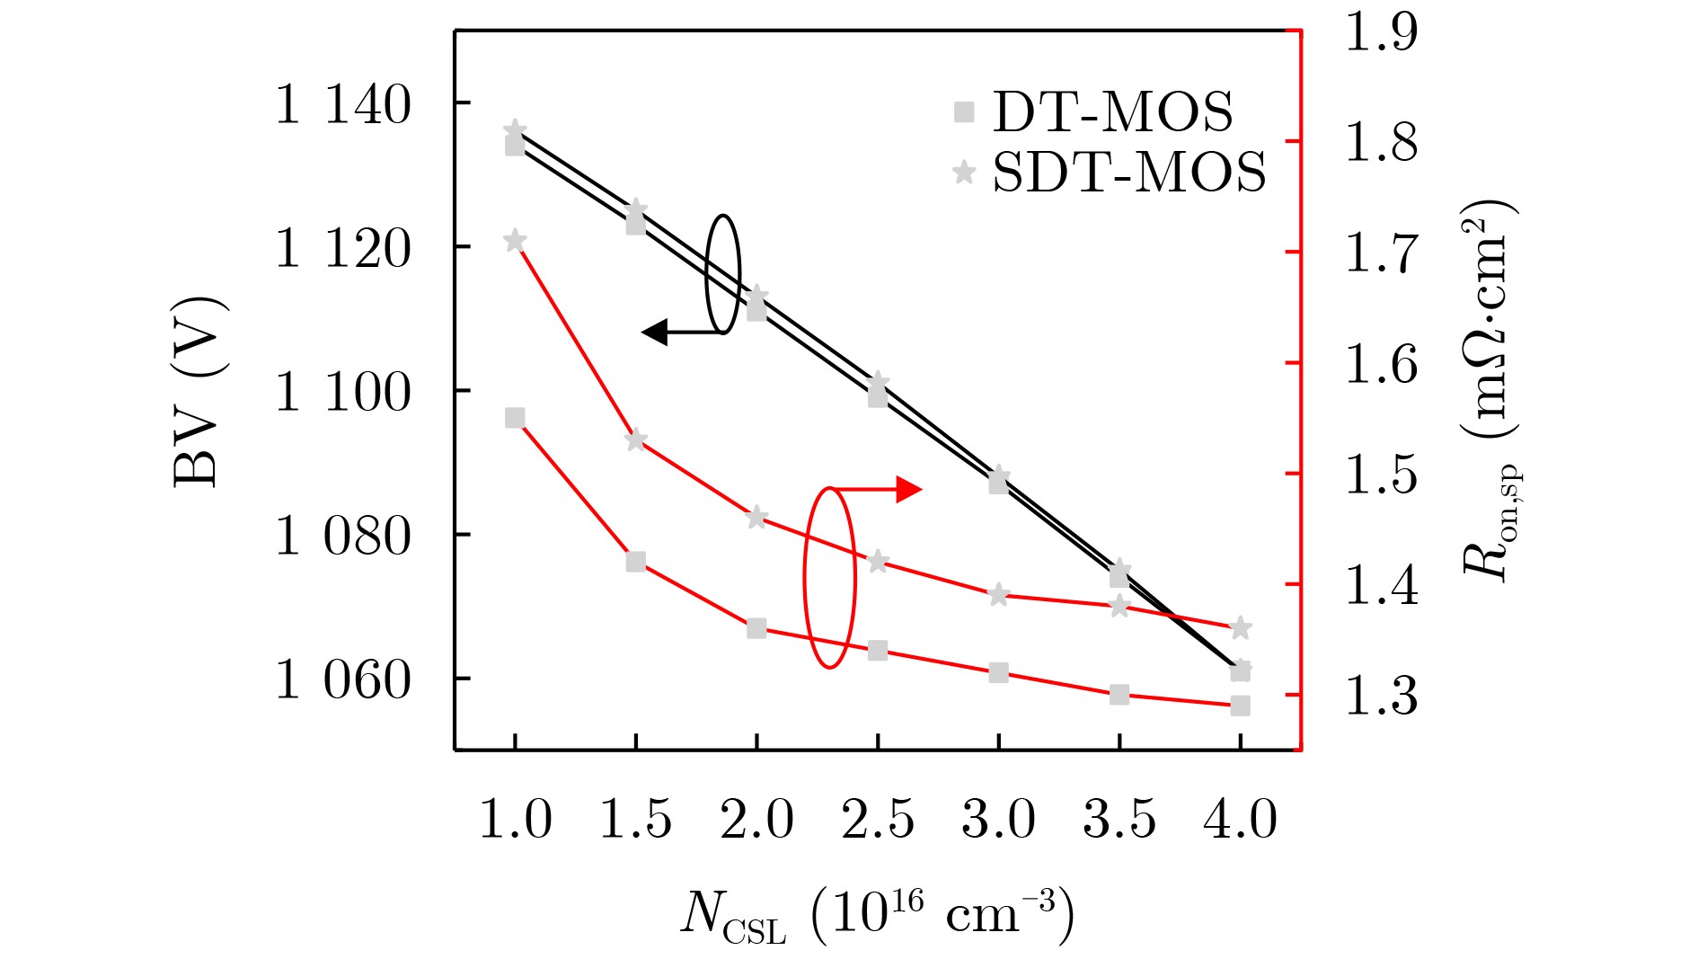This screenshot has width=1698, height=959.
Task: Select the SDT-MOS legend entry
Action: (x=1110, y=172)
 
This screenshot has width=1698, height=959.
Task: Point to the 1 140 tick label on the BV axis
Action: (x=342, y=105)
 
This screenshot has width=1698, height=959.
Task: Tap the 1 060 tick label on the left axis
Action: (x=342, y=680)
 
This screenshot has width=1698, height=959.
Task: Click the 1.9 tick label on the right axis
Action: (x=1381, y=31)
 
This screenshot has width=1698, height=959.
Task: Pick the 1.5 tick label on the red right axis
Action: (x=1381, y=475)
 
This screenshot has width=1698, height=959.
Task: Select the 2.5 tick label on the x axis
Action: (x=878, y=820)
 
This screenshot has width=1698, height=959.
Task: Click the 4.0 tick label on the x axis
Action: (x=1240, y=820)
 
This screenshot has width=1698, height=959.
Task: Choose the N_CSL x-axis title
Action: (x=877, y=917)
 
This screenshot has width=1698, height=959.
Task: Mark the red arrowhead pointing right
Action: (x=909, y=490)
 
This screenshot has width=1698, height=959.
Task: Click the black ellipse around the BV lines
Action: (x=723, y=273)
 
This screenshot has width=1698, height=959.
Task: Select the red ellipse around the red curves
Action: (x=829, y=578)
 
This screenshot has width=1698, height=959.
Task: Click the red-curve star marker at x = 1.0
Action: (x=515, y=241)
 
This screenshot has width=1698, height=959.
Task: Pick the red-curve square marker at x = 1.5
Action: (x=636, y=562)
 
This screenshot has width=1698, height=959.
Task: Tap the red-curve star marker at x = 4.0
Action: (x=1241, y=627)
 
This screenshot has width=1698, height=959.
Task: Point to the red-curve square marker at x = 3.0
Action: (x=999, y=672)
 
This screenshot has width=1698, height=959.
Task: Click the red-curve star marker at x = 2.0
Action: (x=756, y=517)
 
